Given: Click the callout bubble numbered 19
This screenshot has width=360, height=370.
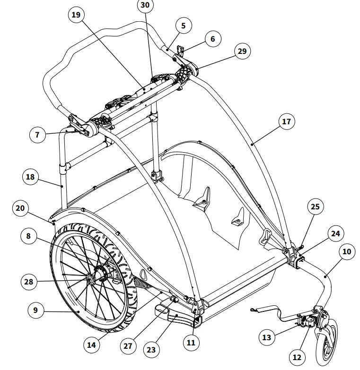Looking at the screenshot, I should [75, 15].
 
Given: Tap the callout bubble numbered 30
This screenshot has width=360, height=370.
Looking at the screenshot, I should [145, 6].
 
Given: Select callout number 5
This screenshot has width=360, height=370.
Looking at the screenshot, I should [184, 26].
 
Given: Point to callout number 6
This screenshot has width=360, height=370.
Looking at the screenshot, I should [212, 39].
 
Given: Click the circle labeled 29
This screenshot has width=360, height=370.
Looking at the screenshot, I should [242, 51].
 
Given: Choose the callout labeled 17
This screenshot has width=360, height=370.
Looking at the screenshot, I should [286, 121].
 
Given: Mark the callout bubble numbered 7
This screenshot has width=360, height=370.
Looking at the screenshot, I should [37, 135].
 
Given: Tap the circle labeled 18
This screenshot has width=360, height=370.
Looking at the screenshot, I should [31, 177].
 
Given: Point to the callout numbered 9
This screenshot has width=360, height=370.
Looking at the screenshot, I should [35, 310].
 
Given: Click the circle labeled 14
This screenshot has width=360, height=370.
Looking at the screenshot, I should [92, 345].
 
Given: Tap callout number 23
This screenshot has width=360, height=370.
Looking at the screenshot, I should [151, 350].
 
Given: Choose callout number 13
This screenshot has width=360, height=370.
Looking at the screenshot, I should [267, 337].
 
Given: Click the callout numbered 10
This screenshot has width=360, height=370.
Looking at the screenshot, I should [347, 251].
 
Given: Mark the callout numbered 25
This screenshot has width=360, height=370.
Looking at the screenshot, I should [315, 206].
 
